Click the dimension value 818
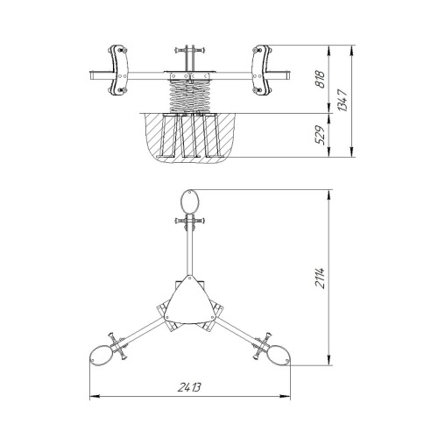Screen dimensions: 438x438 (320, 79)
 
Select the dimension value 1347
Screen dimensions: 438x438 (343, 101)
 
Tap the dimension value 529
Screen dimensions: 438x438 (320, 135)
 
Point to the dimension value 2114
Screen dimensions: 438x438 (321, 278)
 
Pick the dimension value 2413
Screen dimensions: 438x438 (189, 387)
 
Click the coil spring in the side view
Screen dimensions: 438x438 (190, 96)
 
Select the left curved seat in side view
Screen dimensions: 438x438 (117, 70)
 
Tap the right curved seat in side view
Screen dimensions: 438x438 (262, 70)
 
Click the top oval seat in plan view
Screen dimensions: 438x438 (190, 201)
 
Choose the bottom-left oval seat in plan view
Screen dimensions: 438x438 (101, 355)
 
